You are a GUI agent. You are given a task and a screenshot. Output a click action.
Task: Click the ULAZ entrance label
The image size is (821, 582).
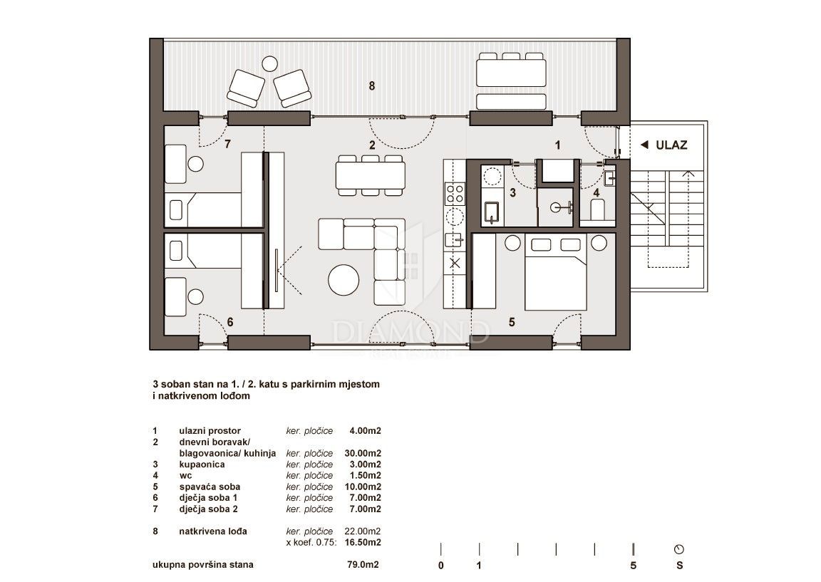pyautogui.click(x=671, y=145)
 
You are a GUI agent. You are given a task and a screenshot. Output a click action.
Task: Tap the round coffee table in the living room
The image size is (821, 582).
pyautogui.click(x=344, y=279)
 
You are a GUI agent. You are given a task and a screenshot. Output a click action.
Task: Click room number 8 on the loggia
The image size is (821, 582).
pyautogui.click(x=372, y=85)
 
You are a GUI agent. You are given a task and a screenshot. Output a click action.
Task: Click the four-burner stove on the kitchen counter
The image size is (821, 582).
pyautogui.click(x=455, y=193)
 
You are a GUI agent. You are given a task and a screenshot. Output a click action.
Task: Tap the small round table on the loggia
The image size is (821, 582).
pyautogui.click(x=269, y=64)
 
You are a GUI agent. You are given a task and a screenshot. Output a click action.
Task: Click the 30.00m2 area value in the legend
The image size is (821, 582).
pyautogui.click(x=362, y=453)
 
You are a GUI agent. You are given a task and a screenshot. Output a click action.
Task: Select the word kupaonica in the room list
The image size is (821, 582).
pyautogui.click(x=202, y=464)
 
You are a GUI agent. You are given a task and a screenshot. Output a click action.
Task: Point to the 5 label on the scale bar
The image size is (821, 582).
pyautogui.click(x=633, y=566)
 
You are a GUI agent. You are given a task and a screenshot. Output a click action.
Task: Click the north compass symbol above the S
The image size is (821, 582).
pyautogui.click(x=679, y=549)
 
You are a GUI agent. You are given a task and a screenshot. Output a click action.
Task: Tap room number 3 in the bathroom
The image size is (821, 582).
pyautogui.click(x=512, y=192)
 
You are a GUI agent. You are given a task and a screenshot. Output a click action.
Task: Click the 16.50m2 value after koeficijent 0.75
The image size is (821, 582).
pyautogui.click(x=362, y=542)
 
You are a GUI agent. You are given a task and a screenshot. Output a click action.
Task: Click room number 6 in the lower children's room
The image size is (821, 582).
pyautogui.click(x=230, y=322)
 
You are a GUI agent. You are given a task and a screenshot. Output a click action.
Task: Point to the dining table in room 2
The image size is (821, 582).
pyautogui.click(x=371, y=176)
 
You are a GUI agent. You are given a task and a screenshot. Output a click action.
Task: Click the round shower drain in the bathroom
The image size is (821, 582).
pyautogui.click(x=556, y=208)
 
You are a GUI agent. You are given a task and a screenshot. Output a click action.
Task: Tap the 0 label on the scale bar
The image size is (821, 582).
pyautogui.click(x=441, y=566)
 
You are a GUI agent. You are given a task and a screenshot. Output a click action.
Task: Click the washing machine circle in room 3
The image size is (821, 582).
pyautogui.click(x=492, y=176)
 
